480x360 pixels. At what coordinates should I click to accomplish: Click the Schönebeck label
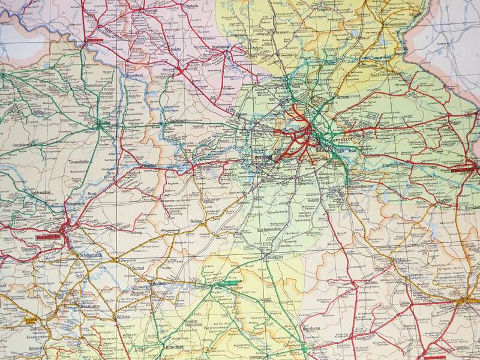pos(91,254)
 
